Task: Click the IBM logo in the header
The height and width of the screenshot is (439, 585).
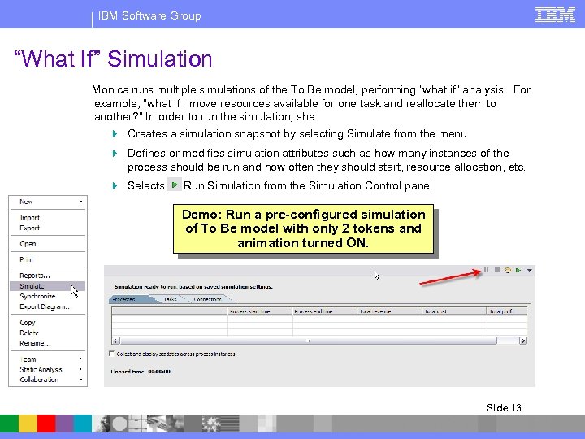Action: coord(556,14)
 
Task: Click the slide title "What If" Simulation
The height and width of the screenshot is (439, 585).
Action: coord(114,59)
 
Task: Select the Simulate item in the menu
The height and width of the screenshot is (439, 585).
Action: coord(32,286)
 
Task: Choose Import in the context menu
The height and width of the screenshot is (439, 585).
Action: coord(30,218)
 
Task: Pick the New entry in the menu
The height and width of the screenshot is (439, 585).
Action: coord(27,202)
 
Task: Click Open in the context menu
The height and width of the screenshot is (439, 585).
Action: coord(28,244)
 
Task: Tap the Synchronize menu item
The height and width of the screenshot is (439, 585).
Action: coord(37,297)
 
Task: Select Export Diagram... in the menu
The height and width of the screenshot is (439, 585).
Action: coord(41,306)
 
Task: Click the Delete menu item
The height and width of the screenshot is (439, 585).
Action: coord(28,333)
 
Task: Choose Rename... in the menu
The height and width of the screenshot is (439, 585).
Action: coord(33,342)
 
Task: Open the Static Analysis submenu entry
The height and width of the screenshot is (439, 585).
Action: coord(40,369)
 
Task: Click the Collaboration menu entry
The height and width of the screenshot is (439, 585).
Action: coord(40,379)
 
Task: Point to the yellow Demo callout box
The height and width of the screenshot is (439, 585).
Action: coord(303,229)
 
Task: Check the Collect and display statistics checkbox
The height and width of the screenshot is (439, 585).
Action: coord(112,354)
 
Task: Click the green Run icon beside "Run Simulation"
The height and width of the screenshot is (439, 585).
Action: coord(175,185)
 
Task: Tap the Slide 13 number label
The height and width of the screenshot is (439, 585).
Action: coord(504,408)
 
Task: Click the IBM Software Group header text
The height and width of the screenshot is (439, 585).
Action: coord(149,15)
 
